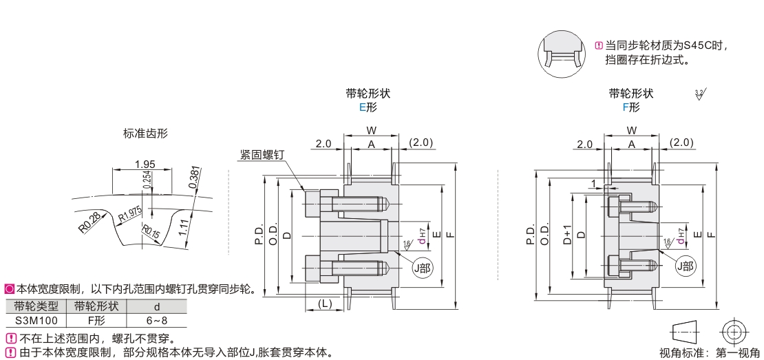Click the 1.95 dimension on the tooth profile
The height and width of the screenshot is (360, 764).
tap(144, 164)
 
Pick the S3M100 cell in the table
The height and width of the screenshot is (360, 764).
tap(36, 320)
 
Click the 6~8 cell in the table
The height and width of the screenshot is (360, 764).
tap(157, 320)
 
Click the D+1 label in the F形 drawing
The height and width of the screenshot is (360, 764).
tap(568, 236)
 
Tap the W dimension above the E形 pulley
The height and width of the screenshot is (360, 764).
tap(371, 130)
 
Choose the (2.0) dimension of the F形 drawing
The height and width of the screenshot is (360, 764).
tap(682, 142)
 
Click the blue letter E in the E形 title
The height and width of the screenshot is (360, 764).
tap(362, 107)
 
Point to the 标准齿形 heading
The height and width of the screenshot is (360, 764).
tap(145, 134)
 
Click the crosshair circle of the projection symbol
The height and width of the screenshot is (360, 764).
tap(734, 332)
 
